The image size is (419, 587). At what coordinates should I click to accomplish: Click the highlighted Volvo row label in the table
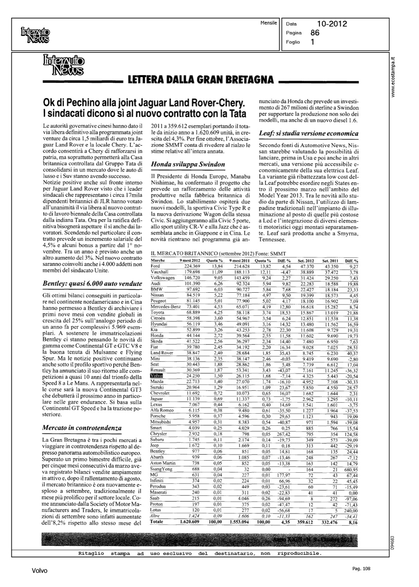[156, 375]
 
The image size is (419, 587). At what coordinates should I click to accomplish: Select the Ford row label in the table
[155, 266]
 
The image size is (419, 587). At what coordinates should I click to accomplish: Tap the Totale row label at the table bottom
[156, 522]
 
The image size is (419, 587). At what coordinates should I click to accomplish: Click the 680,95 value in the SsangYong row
[350, 469]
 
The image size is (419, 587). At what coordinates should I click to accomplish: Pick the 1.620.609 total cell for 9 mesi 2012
[190, 522]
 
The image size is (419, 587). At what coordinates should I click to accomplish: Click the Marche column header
[158, 260]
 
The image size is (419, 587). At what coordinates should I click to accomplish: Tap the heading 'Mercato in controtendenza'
[82, 428]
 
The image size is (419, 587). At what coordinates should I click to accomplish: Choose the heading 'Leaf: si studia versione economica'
[309, 133]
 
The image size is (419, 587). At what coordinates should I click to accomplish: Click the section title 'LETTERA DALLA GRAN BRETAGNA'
[200, 80]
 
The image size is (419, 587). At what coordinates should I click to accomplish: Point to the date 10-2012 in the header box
[332, 24]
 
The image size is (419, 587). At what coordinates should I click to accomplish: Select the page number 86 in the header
[314, 33]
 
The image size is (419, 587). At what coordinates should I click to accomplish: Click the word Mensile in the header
[268, 23]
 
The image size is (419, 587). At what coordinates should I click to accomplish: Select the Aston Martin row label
[163, 463]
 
